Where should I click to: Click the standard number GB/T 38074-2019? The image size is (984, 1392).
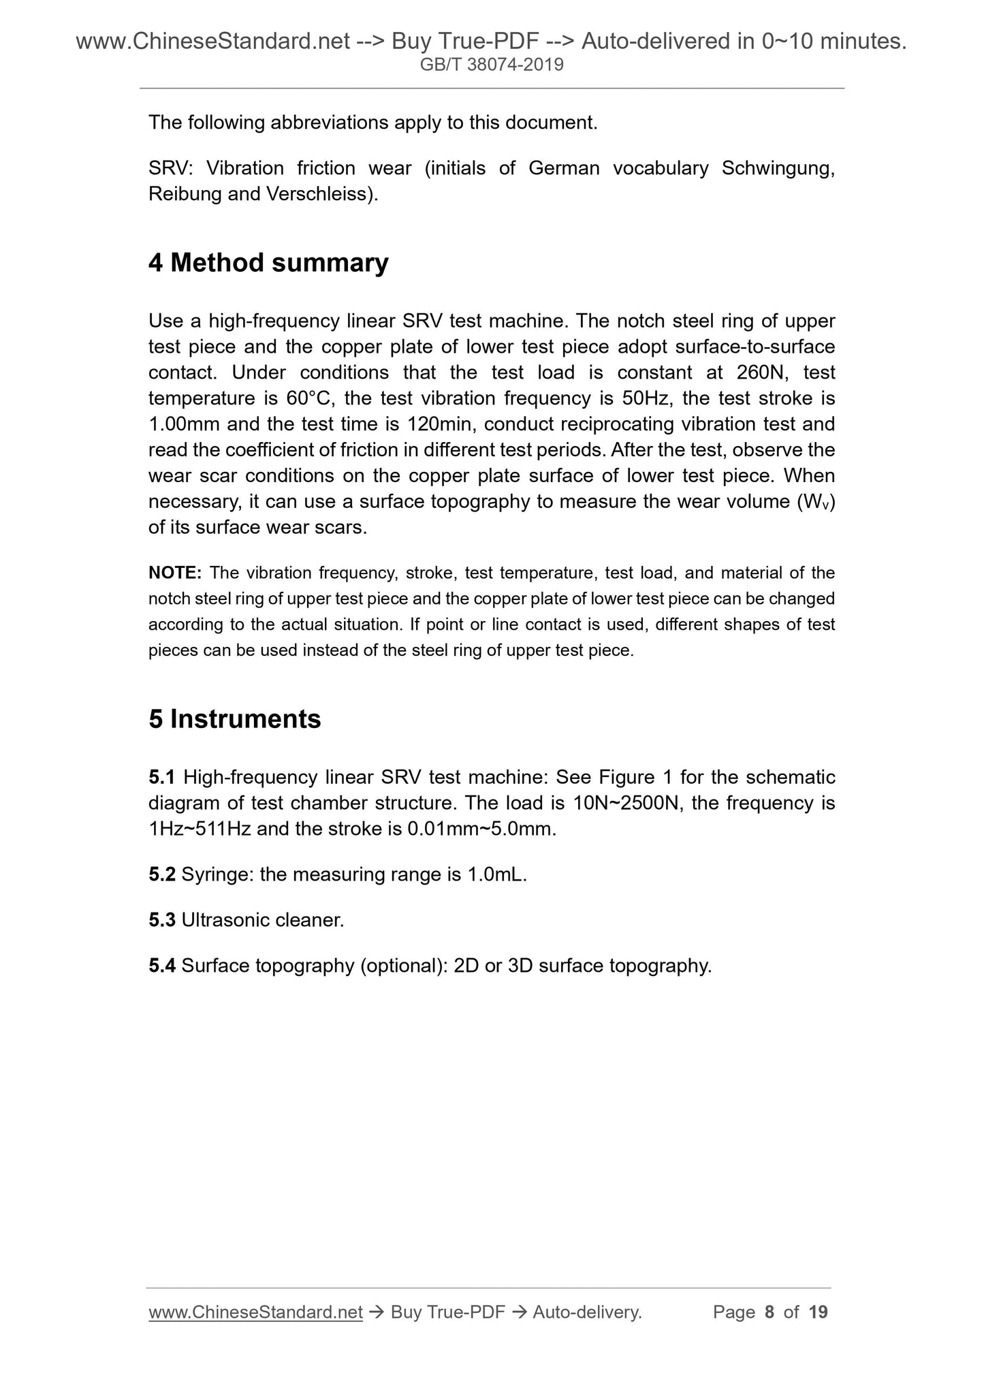(492, 65)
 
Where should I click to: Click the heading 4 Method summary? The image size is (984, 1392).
(268, 263)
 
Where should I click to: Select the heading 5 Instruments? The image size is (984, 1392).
(234, 719)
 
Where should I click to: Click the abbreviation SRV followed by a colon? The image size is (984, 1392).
(173, 168)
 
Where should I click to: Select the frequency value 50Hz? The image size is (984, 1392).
(646, 398)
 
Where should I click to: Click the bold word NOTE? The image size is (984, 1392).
(174, 573)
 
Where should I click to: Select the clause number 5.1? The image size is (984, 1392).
(162, 777)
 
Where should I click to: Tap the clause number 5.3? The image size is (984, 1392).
(162, 920)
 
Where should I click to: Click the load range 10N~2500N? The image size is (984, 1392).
(626, 803)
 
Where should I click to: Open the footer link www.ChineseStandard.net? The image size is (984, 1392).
(255, 1312)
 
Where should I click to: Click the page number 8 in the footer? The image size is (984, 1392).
(769, 1312)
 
